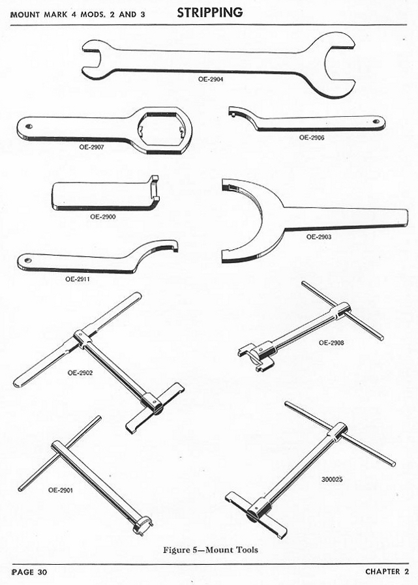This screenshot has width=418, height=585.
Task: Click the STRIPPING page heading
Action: [x=210, y=12]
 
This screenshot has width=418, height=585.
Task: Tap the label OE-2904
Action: [x=211, y=79]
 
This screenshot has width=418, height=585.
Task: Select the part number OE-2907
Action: [x=91, y=147]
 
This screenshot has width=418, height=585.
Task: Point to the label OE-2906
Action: [x=312, y=138]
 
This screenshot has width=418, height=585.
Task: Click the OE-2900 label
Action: [x=103, y=217]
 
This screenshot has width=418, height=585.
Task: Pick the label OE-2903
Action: [x=319, y=237]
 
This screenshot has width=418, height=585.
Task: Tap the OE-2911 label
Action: [x=78, y=279]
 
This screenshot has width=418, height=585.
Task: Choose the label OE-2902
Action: [x=80, y=372]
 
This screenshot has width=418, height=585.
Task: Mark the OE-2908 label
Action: [x=331, y=343]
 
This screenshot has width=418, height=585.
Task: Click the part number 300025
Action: [x=332, y=479]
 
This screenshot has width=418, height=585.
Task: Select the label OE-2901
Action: [x=61, y=490]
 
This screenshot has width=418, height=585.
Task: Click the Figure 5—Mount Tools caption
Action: [x=211, y=550]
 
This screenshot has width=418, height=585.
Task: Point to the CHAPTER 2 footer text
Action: [x=387, y=571]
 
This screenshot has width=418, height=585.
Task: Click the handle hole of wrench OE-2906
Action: [x=376, y=121]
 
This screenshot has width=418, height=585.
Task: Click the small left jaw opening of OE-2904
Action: [x=92, y=59]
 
